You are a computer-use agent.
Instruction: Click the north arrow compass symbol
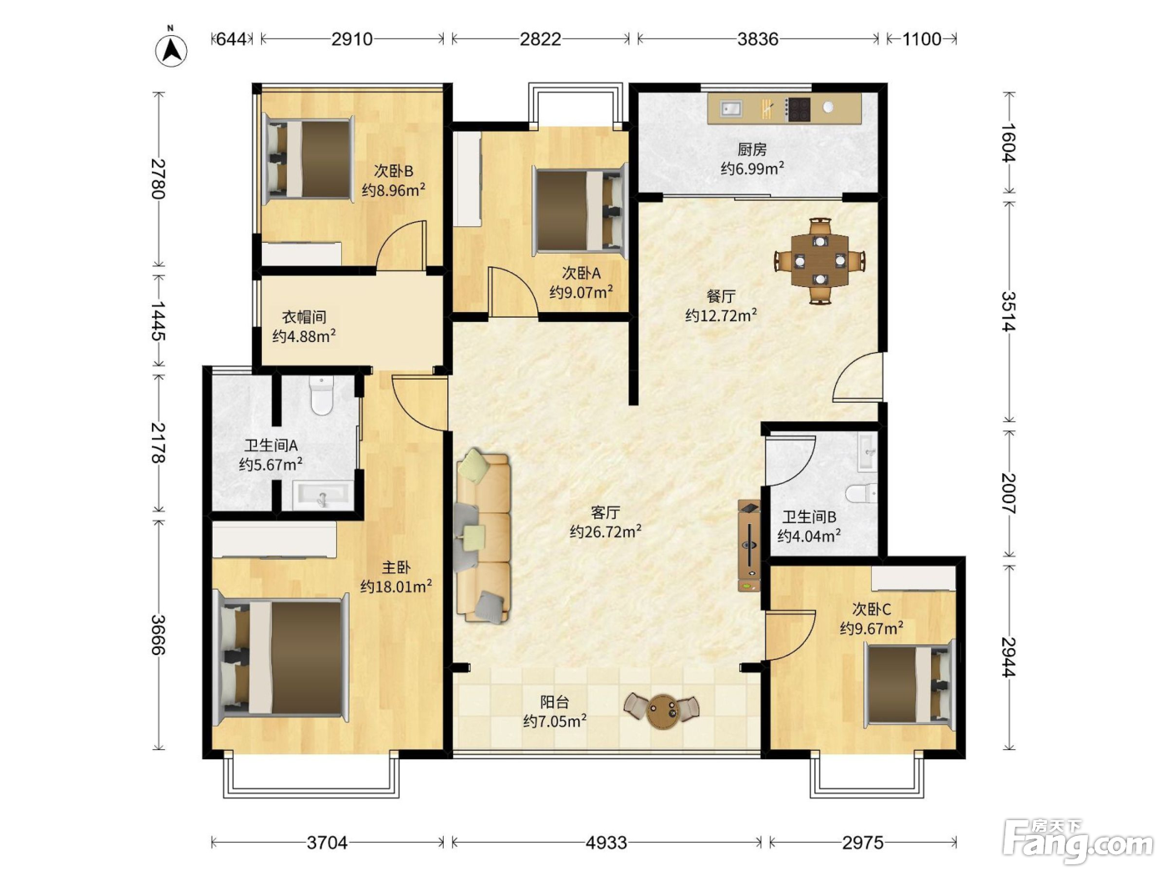[x=171, y=50]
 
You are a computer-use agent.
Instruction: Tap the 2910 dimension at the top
[x=352, y=39]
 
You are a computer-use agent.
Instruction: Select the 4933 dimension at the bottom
[x=606, y=843]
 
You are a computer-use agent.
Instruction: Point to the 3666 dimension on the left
[x=159, y=635]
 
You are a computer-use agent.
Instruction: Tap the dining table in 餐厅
[x=820, y=260]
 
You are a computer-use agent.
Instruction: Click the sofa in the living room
[x=482, y=536]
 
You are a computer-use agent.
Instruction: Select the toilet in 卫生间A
[x=321, y=395]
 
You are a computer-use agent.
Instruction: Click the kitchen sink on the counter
[x=731, y=109]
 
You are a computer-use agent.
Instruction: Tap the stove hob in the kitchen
[x=798, y=110]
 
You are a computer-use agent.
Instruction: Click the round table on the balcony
[x=662, y=712]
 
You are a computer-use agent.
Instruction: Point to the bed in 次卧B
[x=310, y=159]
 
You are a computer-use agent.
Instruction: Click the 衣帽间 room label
[x=304, y=318]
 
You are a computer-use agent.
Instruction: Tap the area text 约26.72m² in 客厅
[x=605, y=531]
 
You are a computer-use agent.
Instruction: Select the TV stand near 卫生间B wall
[x=749, y=546]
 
